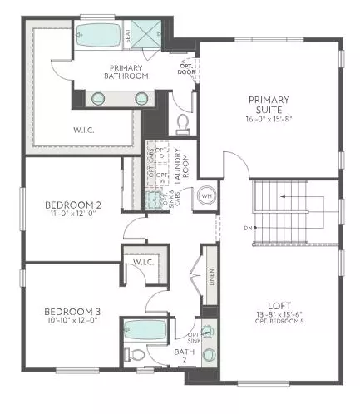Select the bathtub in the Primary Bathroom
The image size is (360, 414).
(x=99, y=36)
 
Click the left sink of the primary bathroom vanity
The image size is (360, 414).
(x=97, y=98)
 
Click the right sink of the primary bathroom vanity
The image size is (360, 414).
(x=144, y=98)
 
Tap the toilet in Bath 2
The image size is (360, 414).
(x=133, y=356)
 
